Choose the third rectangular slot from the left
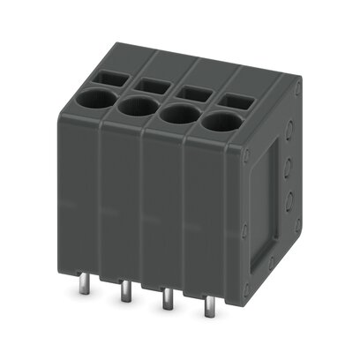coord(193,92)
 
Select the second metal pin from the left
coord(125,291)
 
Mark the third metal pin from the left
coord(166,302)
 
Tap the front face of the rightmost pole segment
coord(212,221)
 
